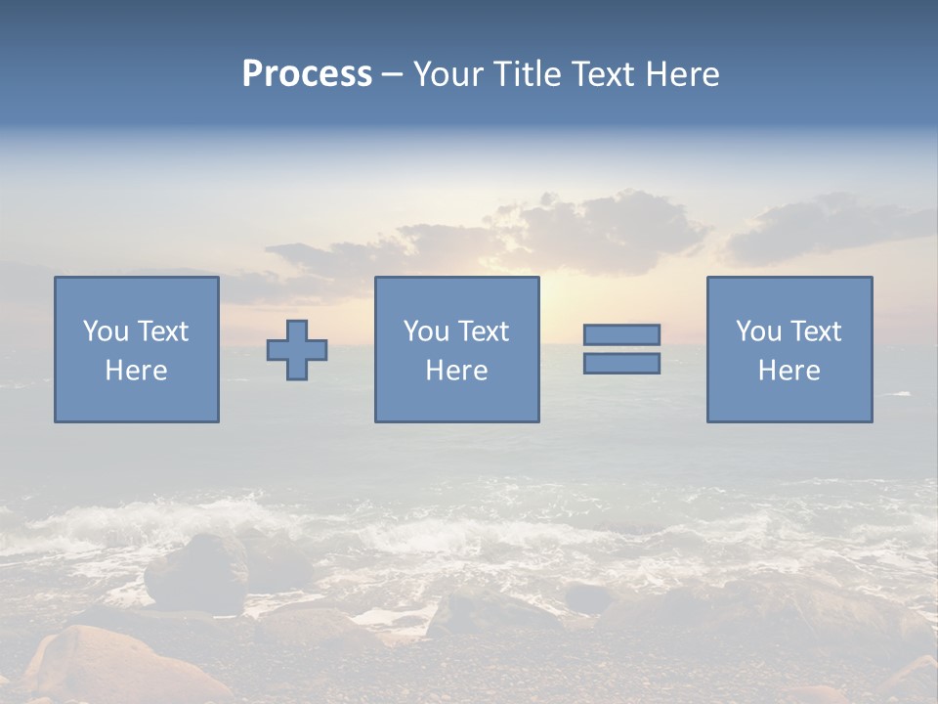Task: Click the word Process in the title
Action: coord(307,74)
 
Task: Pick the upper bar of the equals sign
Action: coord(621,334)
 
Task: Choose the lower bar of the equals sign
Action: coord(621,363)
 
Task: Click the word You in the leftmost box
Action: coord(106,331)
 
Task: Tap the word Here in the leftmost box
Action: coord(136,371)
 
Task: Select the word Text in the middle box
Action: coord(483,331)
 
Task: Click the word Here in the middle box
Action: coord(456,371)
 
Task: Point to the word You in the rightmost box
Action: coord(758,331)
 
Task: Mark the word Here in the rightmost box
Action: coord(789,371)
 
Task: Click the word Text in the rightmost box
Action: coord(815,331)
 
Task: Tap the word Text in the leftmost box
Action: coord(162,331)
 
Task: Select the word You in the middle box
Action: coord(426,331)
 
